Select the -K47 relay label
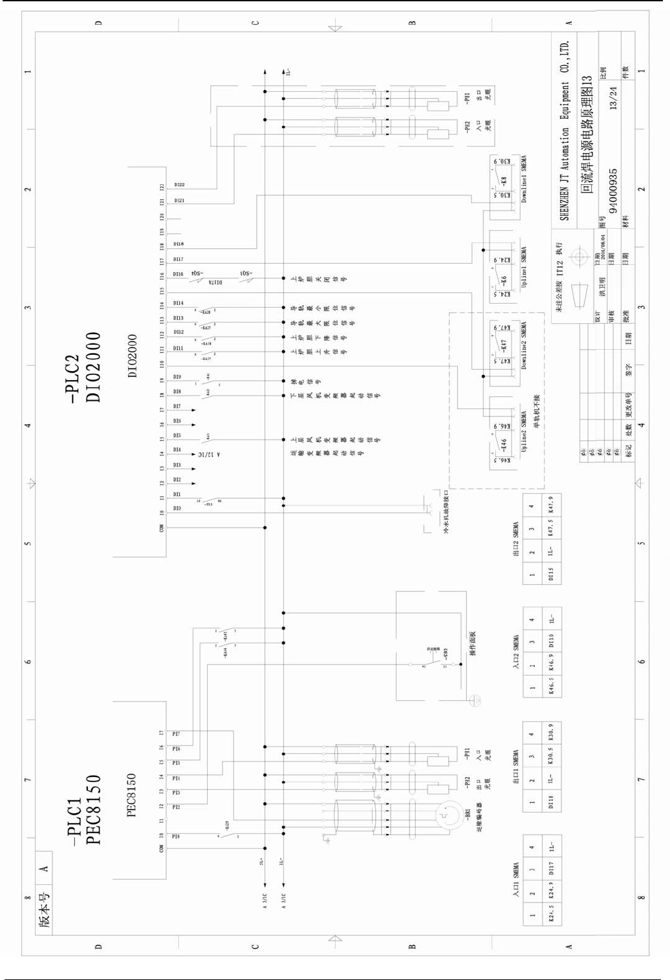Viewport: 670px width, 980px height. point(504,345)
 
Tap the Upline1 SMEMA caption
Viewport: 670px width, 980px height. point(524,267)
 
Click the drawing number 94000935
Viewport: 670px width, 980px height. point(612,191)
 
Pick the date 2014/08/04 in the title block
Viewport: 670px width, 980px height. point(603,246)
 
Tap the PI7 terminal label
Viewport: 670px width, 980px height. point(176,734)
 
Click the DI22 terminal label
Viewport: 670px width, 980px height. point(179,185)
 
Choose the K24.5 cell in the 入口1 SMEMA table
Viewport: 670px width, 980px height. point(551,915)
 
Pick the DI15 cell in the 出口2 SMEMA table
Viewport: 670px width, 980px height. point(551,574)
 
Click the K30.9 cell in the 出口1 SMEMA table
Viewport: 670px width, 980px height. point(551,732)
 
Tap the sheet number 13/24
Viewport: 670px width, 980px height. point(612,98)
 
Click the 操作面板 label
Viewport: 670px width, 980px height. point(473,644)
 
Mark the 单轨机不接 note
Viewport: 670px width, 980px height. point(536,412)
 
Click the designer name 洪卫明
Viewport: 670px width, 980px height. point(602,288)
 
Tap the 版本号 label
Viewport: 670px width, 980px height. point(44,910)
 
